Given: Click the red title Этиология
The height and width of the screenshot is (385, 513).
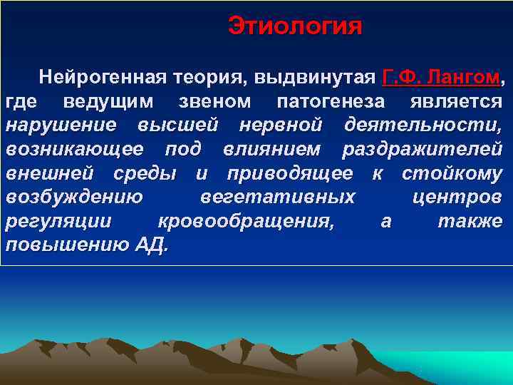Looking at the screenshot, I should click(x=295, y=26).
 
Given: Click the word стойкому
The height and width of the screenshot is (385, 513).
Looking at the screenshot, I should click(x=452, y=173).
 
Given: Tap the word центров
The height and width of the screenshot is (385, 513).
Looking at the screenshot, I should click(x=457, y=197).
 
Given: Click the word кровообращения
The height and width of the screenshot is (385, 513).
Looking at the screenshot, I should click(x=246, y=222).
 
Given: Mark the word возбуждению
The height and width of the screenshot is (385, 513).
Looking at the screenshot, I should click(x=74, y=197).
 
